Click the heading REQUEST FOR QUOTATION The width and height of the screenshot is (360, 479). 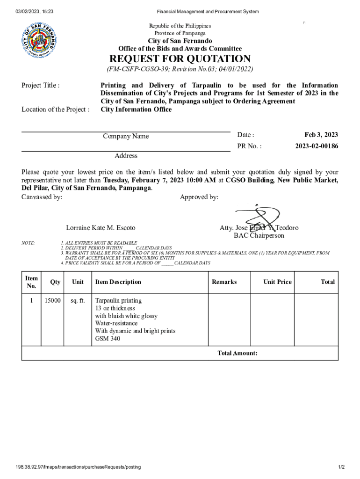point(180,59)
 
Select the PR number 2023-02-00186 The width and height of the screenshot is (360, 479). point(317,146)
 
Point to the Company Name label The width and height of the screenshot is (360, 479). point(126,136)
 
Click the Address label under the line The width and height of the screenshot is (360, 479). point(126,156)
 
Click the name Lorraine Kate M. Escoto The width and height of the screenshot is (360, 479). point(101,228)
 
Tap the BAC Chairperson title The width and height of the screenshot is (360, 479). point(259,235)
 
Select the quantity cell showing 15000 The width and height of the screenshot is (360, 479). point(52,301)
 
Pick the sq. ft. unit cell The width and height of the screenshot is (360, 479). point(78,301)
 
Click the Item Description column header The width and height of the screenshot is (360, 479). point(118,282)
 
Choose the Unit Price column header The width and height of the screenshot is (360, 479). point(277,282)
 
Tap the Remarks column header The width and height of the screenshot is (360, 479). point(224,282)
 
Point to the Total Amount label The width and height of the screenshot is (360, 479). point(238,353)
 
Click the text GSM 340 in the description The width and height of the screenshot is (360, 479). point(108,338)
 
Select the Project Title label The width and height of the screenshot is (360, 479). point(41,85)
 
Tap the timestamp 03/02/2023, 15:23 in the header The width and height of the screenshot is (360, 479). point(34,11)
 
